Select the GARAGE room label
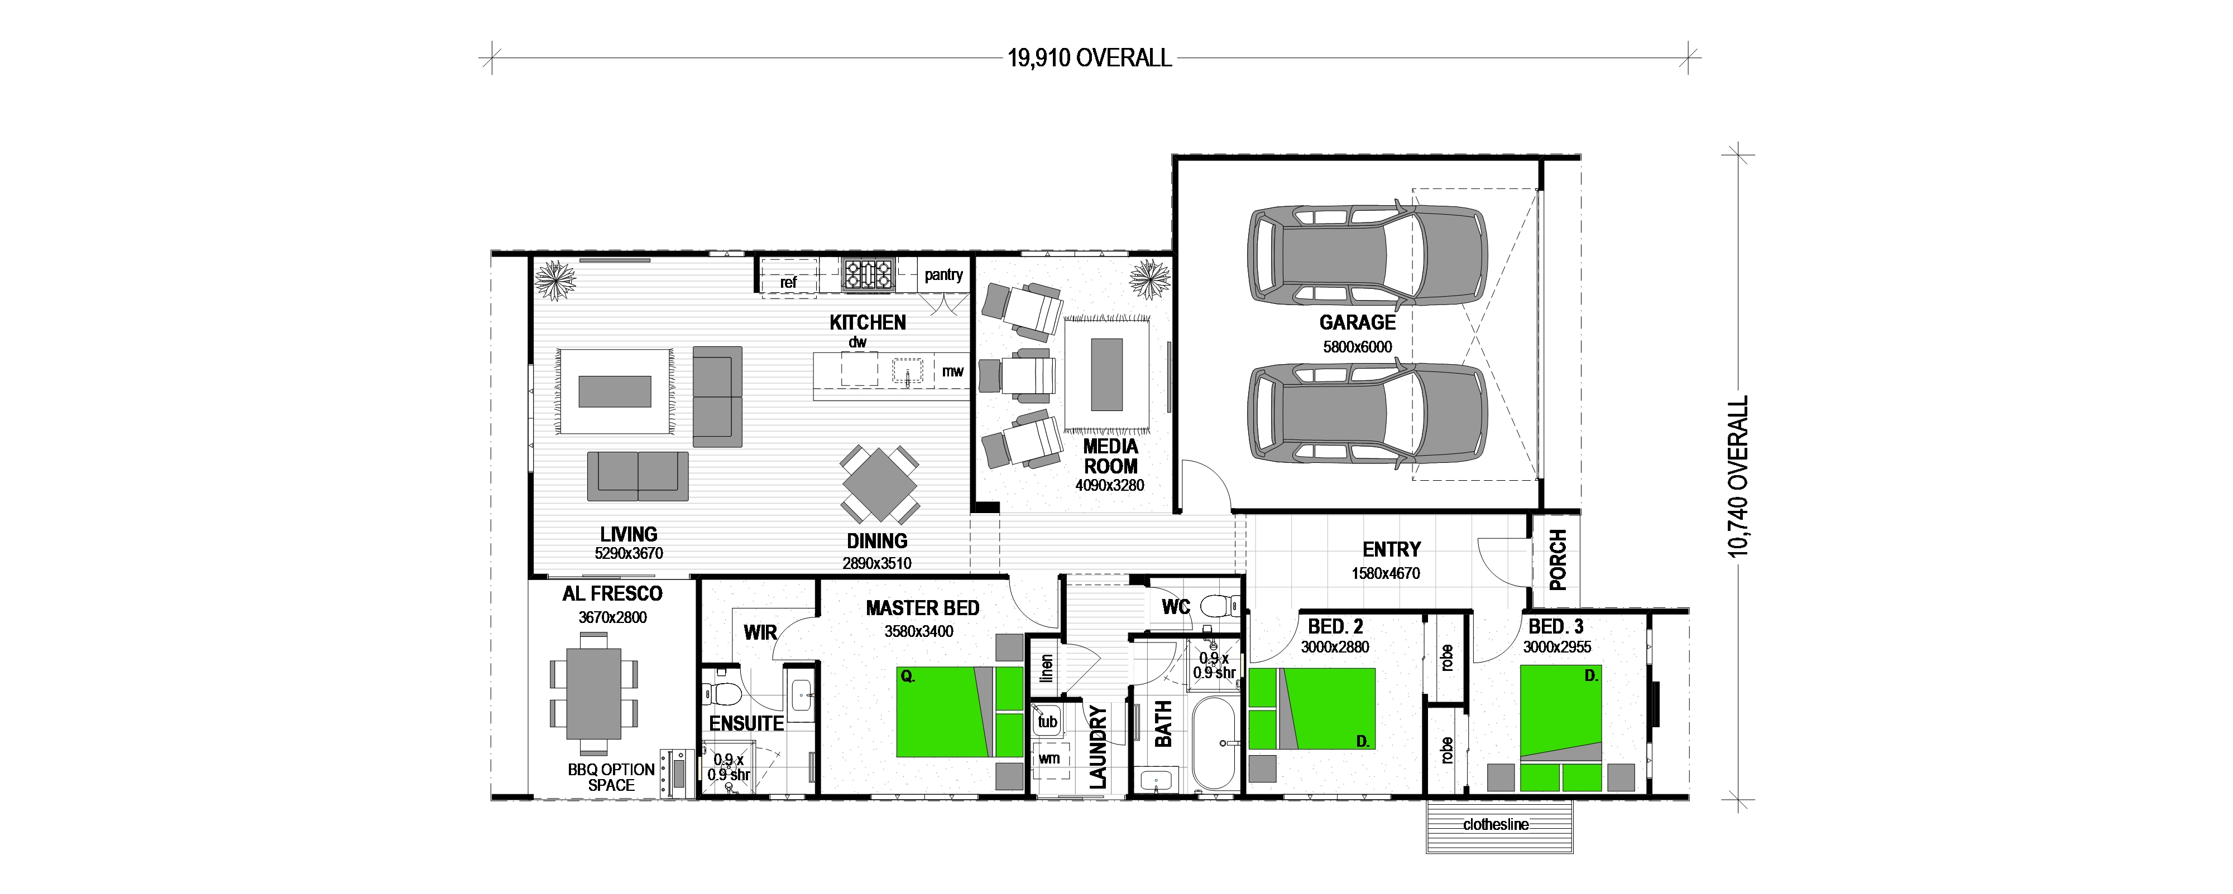point(1358,322)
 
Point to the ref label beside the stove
point(788,282)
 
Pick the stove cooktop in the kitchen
point(868,274)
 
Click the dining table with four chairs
point(879,485)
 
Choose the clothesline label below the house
point(1496,825)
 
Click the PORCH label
point(1558,559)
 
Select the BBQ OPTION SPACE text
point(611,777)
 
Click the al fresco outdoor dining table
point(594,694)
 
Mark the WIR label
point(760,633)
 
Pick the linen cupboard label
point(1046,668)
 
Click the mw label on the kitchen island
point(953,371)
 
